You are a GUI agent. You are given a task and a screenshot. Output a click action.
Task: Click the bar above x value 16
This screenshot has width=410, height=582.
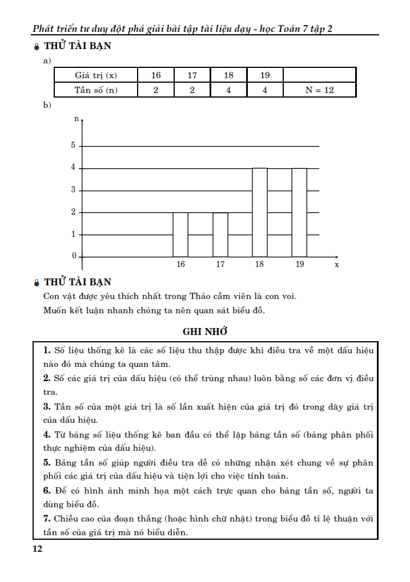(x=180, y=235)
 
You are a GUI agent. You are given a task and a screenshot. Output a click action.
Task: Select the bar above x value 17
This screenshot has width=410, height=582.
(x=220, y=235)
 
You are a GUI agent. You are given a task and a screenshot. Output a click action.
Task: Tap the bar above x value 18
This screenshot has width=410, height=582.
(x=260, y=212)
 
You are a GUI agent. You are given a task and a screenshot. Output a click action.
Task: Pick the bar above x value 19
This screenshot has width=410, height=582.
(x=299, y=212)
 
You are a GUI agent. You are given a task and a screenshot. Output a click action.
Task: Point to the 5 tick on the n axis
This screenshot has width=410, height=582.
(x=73, y=145)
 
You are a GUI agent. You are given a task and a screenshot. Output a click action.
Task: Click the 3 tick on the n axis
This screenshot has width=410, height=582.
(x=73, y=190)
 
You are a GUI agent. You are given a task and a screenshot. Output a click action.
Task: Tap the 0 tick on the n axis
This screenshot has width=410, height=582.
(x=73, y=256)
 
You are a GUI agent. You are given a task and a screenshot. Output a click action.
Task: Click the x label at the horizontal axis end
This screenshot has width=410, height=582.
(x=337, y=265)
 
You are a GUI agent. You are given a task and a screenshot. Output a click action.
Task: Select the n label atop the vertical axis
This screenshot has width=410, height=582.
(x=77, y=119)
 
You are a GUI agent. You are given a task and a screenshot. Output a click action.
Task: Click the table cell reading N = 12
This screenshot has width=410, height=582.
(x=319, y=90)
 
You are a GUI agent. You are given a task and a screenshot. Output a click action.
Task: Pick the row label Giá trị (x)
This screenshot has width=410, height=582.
(x=96, y=75)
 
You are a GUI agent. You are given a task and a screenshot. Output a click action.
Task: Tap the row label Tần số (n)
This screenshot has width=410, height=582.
(x=96, y=90)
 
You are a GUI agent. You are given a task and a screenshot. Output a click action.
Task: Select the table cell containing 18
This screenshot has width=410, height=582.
(x=228, y=75)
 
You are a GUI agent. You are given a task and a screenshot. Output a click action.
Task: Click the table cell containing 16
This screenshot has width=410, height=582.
(x=156, y=75)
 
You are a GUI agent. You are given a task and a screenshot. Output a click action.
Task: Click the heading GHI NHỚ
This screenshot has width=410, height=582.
(x=205, y=331)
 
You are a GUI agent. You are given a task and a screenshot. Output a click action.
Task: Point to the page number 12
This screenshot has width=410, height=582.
(x=38, y=549)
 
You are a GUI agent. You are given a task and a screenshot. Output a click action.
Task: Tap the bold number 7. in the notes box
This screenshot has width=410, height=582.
(x=47, y=519)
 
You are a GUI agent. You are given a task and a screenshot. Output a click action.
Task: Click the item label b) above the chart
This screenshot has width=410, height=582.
(x=47, y=105)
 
